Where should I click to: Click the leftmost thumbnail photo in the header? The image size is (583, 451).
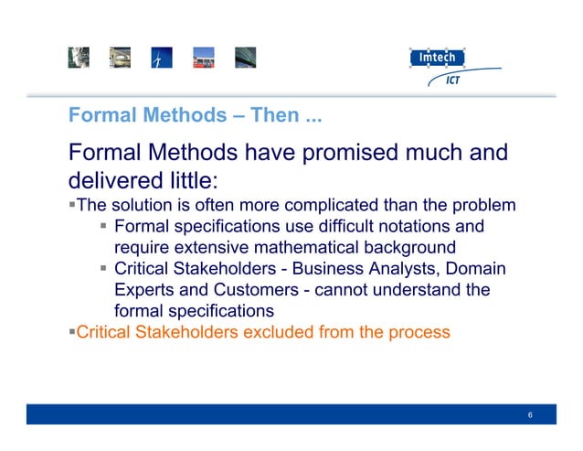click(78, 58)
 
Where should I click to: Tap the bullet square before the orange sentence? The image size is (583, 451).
click(71, 331)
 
